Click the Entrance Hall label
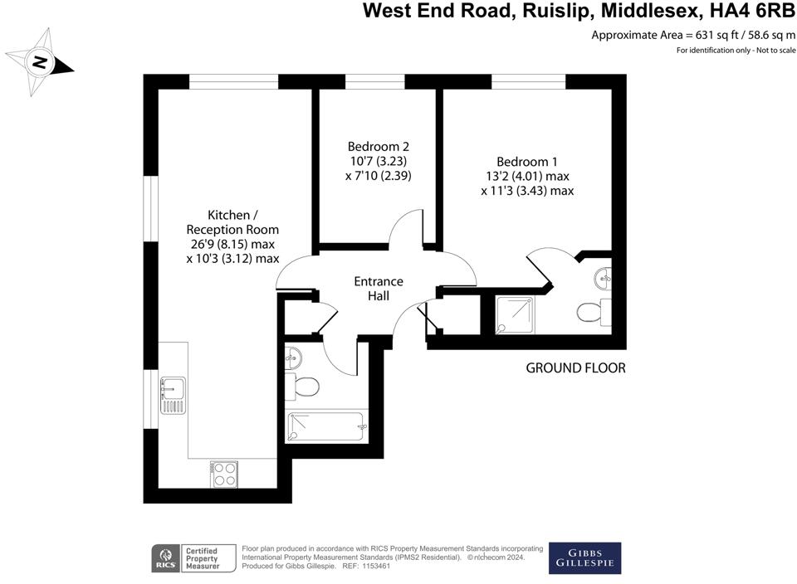378,288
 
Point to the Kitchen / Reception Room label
232,236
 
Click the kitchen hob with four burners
224,474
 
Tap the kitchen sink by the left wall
173,395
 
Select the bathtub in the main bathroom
325,427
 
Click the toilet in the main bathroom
304,387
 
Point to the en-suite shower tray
514,315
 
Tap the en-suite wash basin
604,275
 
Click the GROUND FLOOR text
575,367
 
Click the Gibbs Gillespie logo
584,557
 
